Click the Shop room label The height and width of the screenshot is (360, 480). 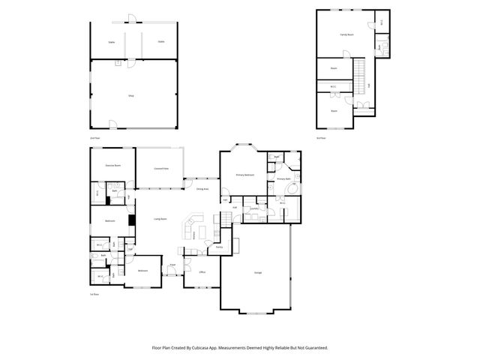click(x=130, y=95)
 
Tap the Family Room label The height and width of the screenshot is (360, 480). click(x=346, y=34)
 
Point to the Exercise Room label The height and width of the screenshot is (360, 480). click(x=113, y=164)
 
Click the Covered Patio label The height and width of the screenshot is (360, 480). click(x=160, y=169)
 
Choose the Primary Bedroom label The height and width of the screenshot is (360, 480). click(x=245, y=175)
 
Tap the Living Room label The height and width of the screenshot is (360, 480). click(x=160, y=219)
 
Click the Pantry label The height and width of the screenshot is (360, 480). click(x=219, y=247)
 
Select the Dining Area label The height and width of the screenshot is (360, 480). click(x=202, y=189)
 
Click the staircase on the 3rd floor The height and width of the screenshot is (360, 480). click(x=359, y=75)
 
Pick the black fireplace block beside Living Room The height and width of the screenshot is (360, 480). click(x=131, y=220)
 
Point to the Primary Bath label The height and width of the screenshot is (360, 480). click(x=283, y=179)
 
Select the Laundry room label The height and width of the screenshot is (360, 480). click(x=254, y=208)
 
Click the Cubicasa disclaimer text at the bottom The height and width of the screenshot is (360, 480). click(x=240, y=347)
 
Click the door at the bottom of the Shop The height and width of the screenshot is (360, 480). click(x=112, y=124)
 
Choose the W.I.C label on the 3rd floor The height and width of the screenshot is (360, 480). click(x=334, y=86)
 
